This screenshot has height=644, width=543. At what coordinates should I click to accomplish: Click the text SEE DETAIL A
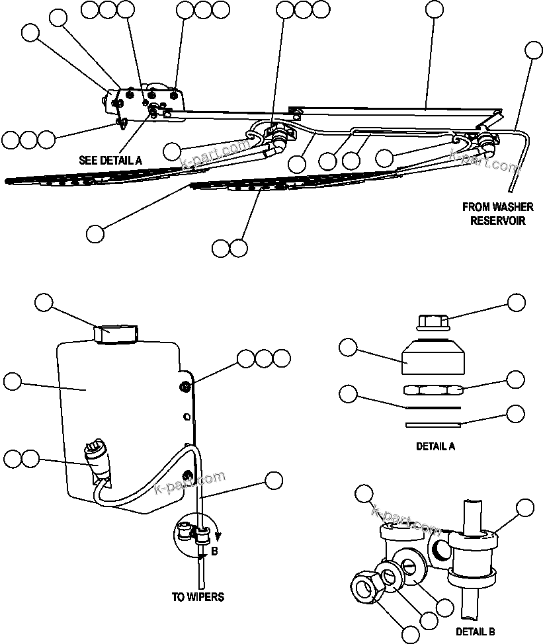[109, 160]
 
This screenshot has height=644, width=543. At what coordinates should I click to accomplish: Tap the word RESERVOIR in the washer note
[497, 221]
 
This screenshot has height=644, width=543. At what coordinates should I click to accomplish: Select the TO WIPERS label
[198, 597]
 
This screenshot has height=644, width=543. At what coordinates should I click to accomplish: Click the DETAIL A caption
[435, 446]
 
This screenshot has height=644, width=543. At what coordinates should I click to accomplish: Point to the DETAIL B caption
[476, 631]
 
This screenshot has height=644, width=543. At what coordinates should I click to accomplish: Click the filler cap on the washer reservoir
[115, 333]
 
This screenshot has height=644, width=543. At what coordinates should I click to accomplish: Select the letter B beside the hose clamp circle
[214, 549]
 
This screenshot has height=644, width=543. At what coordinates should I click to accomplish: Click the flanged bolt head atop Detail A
[434, 323]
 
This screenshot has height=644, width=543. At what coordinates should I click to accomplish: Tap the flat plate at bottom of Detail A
[434, 424]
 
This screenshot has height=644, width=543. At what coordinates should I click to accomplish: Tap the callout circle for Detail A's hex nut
[515, 379]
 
